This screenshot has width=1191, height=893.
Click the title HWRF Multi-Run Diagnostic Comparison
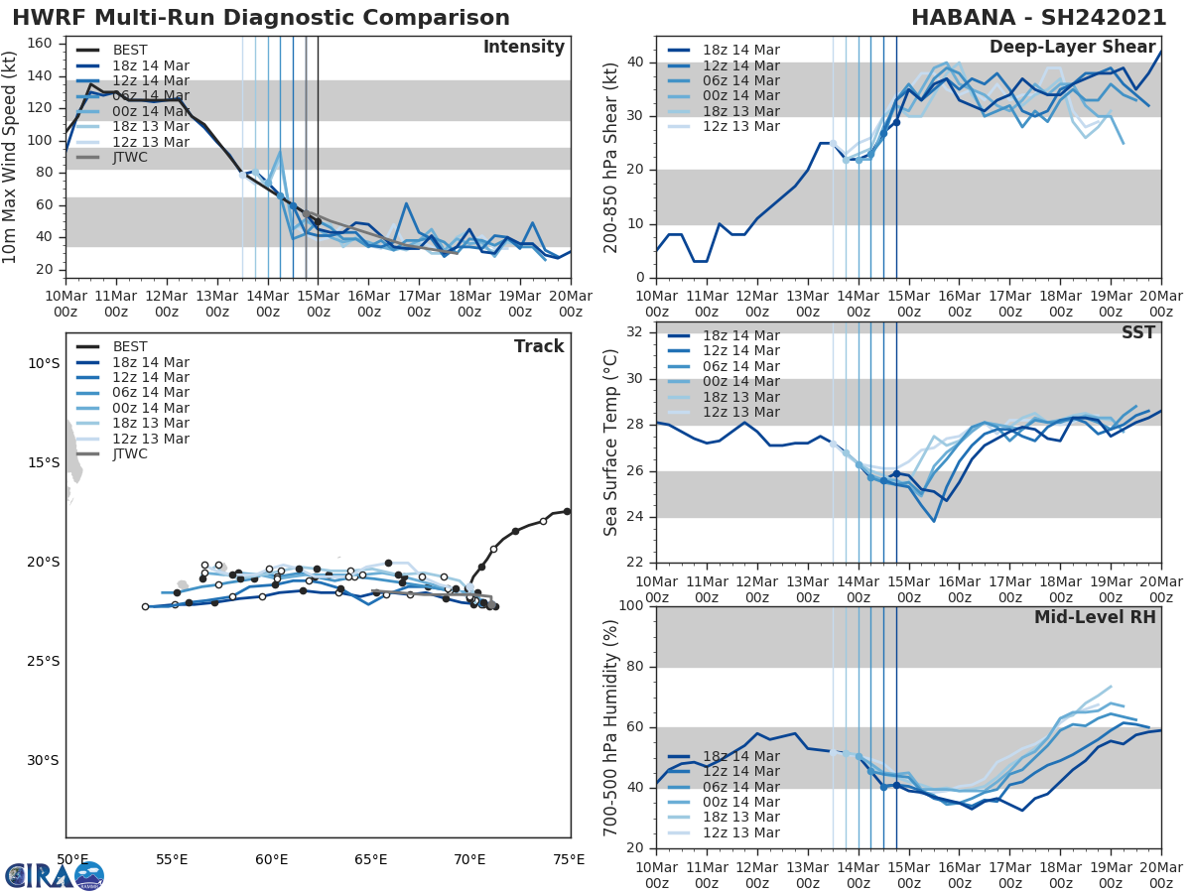tap(261, 18)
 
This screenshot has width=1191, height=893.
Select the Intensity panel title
tap(523, 48)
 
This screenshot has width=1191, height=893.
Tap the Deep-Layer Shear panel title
tap(1072, 48)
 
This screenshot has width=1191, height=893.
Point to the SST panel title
tap(1137, 332)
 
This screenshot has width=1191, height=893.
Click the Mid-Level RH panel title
tap(1095, 617)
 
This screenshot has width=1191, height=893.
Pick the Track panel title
tap(538, 346)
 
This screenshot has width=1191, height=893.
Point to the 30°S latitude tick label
tap(44, 761)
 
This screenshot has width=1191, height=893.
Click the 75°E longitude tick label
tap(569, 859)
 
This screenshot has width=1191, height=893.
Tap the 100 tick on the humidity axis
tap(631, 606)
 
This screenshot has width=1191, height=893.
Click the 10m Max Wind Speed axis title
tap(12, 157)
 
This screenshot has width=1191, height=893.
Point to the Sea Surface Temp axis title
tap(611, 442)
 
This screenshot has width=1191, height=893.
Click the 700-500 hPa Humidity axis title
tap(611, 727)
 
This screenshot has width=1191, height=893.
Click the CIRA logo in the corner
tap(55, 875)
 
